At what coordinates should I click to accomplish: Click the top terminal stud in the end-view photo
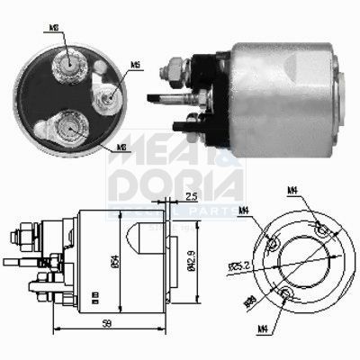pos(68,60)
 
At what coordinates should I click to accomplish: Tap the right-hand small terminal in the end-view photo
pos(111,93)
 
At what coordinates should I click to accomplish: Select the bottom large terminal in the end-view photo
pos(69,127)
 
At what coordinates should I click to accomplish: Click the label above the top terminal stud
pos(57,28)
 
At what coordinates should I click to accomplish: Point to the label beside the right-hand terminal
pos(135,65)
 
